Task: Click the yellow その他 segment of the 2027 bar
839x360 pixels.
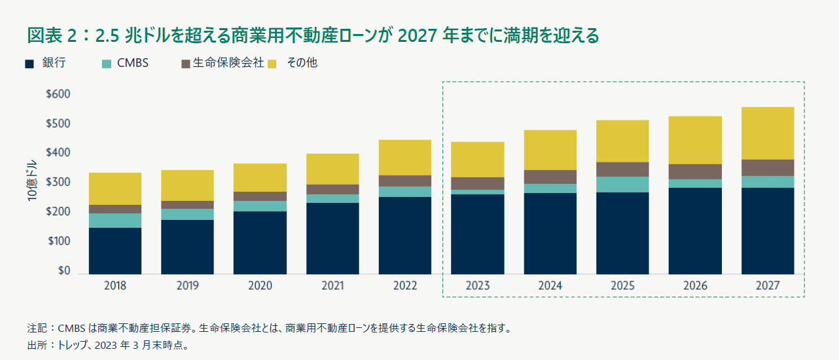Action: coord(767,133)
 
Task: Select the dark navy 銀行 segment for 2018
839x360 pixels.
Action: coord(115,251)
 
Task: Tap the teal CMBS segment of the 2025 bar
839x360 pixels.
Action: coord(622,184)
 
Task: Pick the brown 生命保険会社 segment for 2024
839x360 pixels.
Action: coord(550,177)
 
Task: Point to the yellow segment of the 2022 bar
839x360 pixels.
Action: coord(405,157)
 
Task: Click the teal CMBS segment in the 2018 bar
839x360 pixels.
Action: coord(115,220)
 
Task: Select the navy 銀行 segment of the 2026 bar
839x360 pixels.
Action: coord(695,230)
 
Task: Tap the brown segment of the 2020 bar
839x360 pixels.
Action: coord(260,196)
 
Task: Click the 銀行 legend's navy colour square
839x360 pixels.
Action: coord(29,63)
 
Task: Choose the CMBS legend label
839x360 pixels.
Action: coord(133,63)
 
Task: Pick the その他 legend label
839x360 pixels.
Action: coord(302,63)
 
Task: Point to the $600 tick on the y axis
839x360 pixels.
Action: coord(58,94)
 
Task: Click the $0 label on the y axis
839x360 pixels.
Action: coord(63,271)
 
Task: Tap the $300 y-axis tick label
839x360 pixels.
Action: coord(58,183)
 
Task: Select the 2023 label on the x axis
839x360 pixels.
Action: coord(477,286)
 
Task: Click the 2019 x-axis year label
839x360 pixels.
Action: coord(187,286)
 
